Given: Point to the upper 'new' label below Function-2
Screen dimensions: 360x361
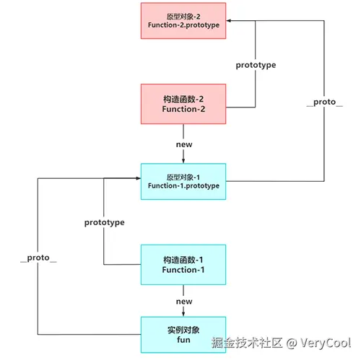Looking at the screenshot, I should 183,145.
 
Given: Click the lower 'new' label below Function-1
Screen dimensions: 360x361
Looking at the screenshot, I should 183,302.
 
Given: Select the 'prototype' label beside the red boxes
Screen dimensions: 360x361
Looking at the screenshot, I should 256,65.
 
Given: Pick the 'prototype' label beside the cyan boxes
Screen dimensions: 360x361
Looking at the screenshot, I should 105,222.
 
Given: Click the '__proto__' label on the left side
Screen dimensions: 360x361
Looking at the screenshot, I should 37,258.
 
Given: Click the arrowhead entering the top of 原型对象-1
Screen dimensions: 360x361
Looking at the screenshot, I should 183,161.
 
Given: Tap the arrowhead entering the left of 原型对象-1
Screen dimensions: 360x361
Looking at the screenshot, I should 138,177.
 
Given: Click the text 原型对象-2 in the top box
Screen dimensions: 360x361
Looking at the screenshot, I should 183,14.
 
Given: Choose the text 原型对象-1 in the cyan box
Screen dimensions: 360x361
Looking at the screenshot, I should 183,175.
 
